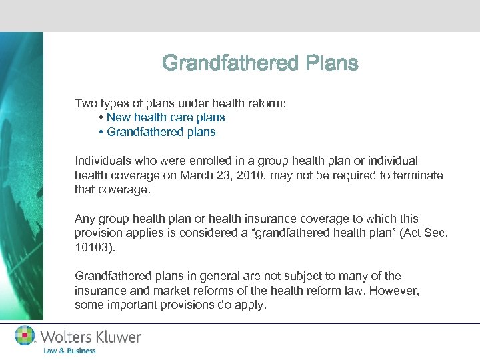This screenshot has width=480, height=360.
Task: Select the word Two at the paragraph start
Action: tap(85, 103)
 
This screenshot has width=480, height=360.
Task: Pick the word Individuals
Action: tap(103, 161)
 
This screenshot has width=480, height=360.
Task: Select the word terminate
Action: tap(416, 175)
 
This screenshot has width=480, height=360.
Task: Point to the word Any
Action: tap(85, 219)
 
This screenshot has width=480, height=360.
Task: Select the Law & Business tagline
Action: tap(69, 351)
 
